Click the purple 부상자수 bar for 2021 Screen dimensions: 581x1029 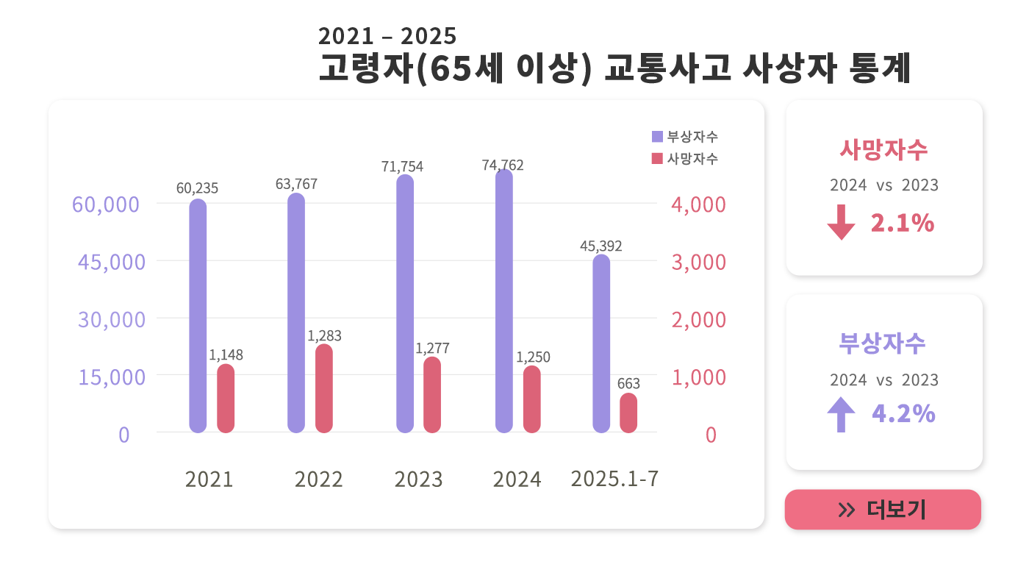coord(198,316)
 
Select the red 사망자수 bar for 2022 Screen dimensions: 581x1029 coord(324,388)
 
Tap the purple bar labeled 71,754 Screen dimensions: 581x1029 coord(405,303)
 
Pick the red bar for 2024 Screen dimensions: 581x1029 coord(532,399)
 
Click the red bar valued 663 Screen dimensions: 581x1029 coord(628,413)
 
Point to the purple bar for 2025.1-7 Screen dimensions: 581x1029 coord(601,343)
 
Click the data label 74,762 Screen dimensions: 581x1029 coord(503,165)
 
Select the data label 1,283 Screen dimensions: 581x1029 coord(324,336)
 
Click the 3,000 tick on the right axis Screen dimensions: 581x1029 coord(698,263)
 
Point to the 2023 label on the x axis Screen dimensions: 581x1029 coord(418,480)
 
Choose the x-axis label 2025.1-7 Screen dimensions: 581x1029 coord(614,479)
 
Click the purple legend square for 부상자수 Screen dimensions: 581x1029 coord(657,136)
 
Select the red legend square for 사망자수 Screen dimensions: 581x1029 coord(657,158)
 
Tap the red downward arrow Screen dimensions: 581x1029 coord(841,223)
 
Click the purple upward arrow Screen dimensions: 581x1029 coord(841,414)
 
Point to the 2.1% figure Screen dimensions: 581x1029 coord(902,223)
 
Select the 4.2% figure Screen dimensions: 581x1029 coord(903,414)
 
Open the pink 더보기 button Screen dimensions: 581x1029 coord(883,510)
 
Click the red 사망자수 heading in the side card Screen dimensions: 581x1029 coord(884,150)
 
